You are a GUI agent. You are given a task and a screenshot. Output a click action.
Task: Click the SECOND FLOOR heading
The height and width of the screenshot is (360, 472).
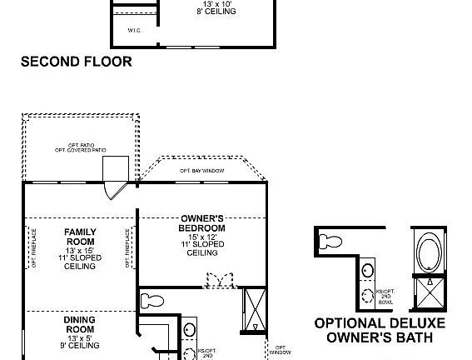click(x=76, y=61)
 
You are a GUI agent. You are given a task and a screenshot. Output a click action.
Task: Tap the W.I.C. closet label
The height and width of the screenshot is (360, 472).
click(x=134, y=30)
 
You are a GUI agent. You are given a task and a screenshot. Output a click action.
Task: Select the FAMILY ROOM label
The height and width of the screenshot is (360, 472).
click(x=81, y=237)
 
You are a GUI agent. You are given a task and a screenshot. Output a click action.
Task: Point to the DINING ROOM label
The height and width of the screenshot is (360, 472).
click(x=80, y=325)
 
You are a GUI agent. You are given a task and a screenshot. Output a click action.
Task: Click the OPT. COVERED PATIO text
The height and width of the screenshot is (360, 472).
click(x=81, y=150)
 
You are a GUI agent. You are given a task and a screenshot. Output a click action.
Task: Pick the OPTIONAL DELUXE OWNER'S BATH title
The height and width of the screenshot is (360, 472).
click(x=380, y=331)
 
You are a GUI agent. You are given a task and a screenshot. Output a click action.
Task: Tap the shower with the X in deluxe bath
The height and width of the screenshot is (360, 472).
click(x=431, y=291)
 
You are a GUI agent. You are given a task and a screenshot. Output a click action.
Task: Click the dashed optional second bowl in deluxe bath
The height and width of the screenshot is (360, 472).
click(x=368, y=294)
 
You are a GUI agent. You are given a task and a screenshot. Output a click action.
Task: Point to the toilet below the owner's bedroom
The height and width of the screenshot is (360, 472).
click(x=152, y=300)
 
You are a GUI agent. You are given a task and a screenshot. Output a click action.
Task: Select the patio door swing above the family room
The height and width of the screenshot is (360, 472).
click(x=112, y=188)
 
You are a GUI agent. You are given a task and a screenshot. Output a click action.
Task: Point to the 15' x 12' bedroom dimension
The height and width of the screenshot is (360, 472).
click(x=201, y=237)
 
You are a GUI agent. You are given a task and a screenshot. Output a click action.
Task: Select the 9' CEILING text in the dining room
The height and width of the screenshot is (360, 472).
click(x=80, y=345)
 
